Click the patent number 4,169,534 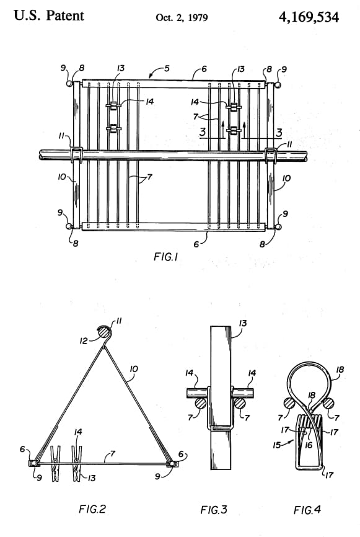[x=309, y=17]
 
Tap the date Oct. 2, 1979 [x=182, y=17]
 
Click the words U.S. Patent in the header [x=49, y=16]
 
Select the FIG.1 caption [x=165, y=257]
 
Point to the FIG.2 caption [x=92, y=509]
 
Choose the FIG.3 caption [x=214, y=510]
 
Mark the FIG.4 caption [x=307, y=510]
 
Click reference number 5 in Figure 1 [x=167, y=68]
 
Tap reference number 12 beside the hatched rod [x=84, y=341]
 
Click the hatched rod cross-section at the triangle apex [x=103, y=332]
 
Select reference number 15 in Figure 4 [x=277, y=445]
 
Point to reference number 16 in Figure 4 [x=309, y=445]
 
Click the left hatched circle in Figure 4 [x=289, y=404]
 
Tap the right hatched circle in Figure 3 [x=240, y=404]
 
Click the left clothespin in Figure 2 [x=55, y=463]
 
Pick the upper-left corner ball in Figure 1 [x=69, y=84]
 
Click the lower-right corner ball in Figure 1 [x=278, y=227]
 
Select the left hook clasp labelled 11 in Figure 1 [x=77, y=155]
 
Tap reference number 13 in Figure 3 [x=243, y=323]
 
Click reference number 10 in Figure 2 [x=134, y=369]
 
